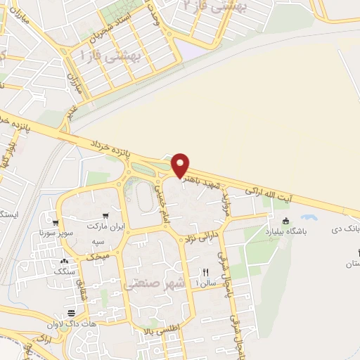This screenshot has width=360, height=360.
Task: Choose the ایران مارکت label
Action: (105, 228)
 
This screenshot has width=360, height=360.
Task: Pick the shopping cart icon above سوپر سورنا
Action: (53, 218)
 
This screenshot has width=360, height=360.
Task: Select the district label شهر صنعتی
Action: (156, 284)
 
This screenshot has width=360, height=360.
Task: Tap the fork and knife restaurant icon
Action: (205, 271)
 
